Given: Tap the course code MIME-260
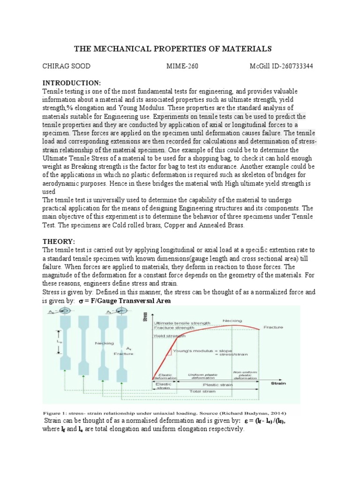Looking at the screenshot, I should [183, 66].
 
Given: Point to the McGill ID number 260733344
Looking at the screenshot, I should [293, 66].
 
